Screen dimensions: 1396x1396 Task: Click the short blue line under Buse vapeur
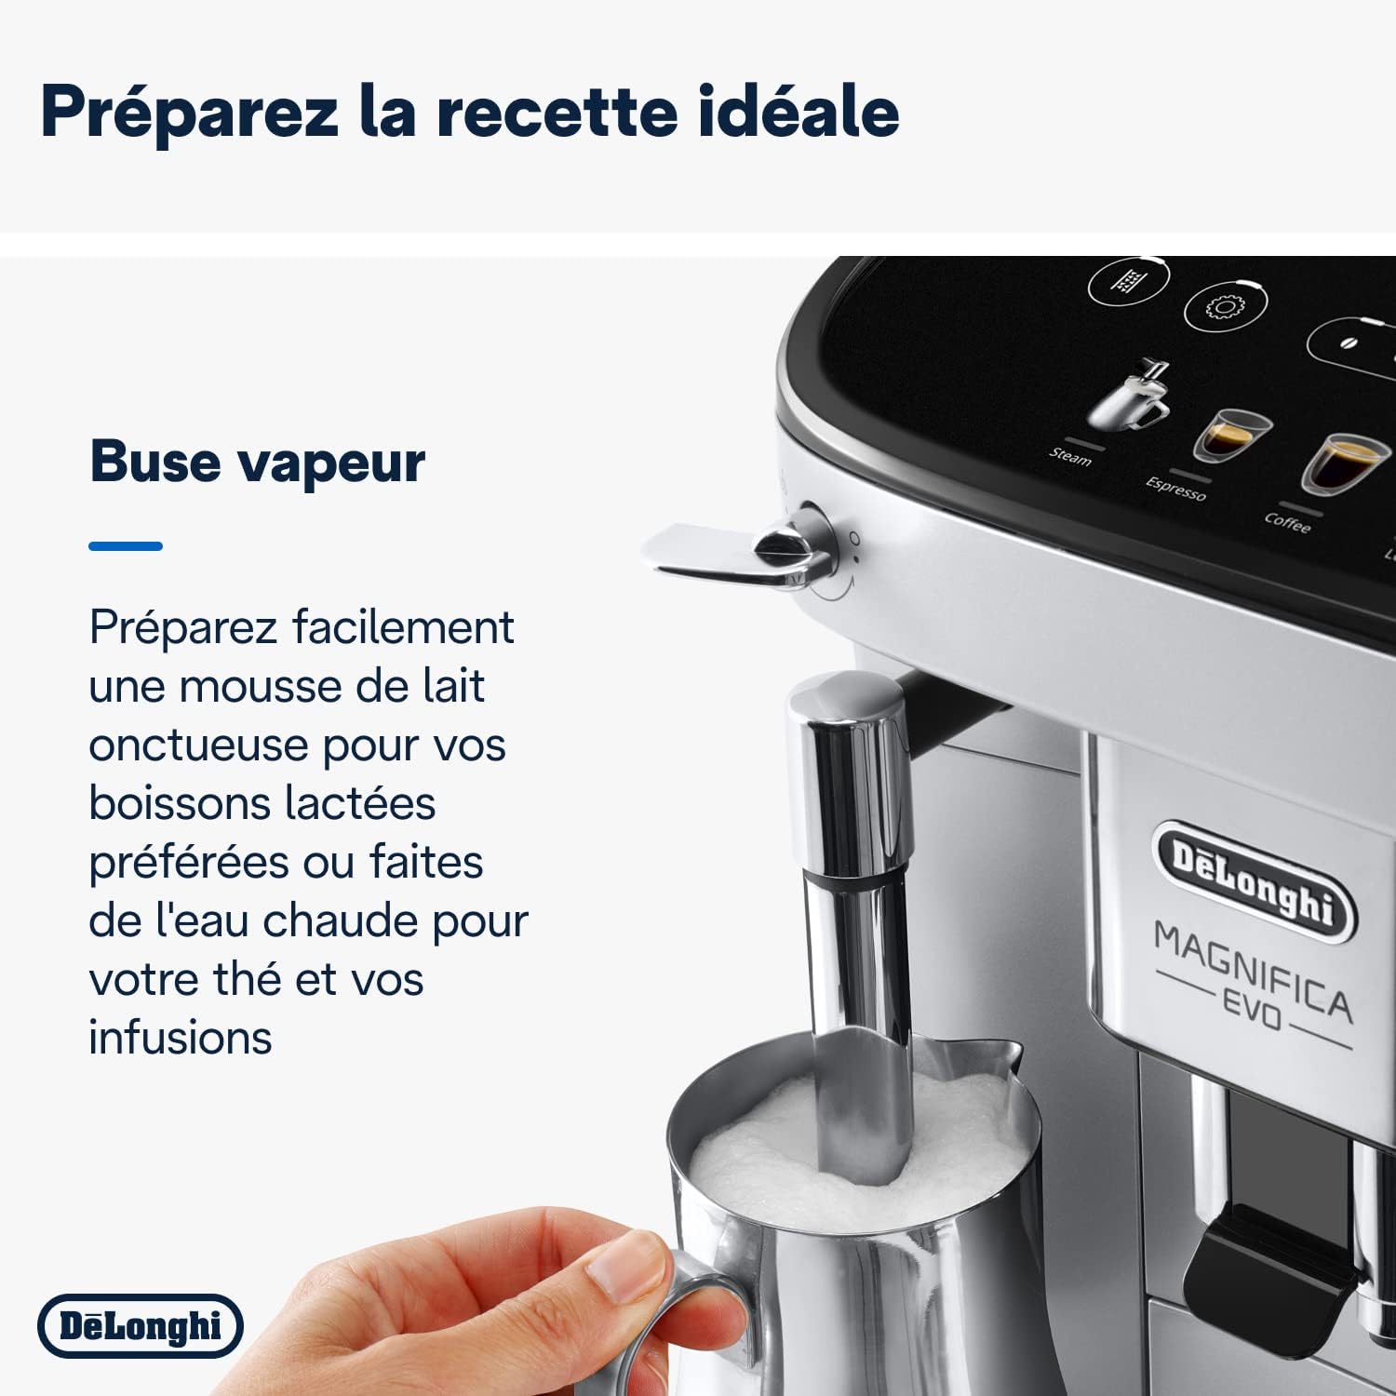(126, 546)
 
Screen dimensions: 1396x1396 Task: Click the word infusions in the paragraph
(181, 1038)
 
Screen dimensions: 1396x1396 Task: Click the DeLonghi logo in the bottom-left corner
(141, 1326)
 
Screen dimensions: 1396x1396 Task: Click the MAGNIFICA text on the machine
(1253, 967)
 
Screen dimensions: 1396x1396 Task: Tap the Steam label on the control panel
(1070, 457)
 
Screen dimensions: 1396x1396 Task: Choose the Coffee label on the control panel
(1287, 523)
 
